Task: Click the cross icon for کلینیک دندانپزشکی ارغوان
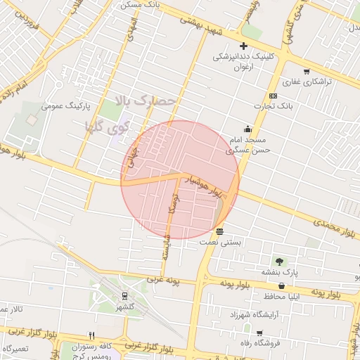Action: pyautogui.click(x=244, y=46)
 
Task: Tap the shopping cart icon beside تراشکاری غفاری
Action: pyautogui.click(x=306, y=72)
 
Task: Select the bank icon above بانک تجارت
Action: pyautogui.click(x=273, y=96)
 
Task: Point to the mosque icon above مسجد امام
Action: pyautogui.click(x=247, y=129)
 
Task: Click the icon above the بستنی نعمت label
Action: pyautogui.click(x=220, y=231)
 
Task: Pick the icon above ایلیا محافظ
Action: pyautogui.click(x=282, y=286)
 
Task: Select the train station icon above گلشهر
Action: pyautogui.click(x=124, y=296)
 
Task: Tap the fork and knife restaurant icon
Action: pyautogui.click(x=91, y=335)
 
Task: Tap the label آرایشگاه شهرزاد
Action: pyautogui.click(x=256, y=314)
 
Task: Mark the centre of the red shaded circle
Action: pyautogui.click(x=180, y=180)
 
